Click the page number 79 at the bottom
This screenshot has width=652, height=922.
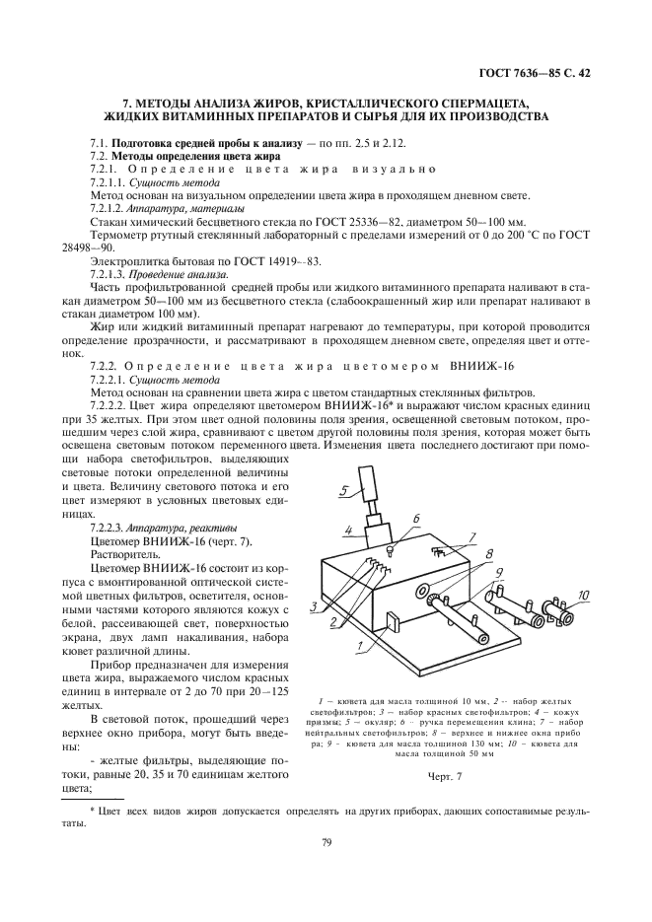(x=326, y=842)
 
